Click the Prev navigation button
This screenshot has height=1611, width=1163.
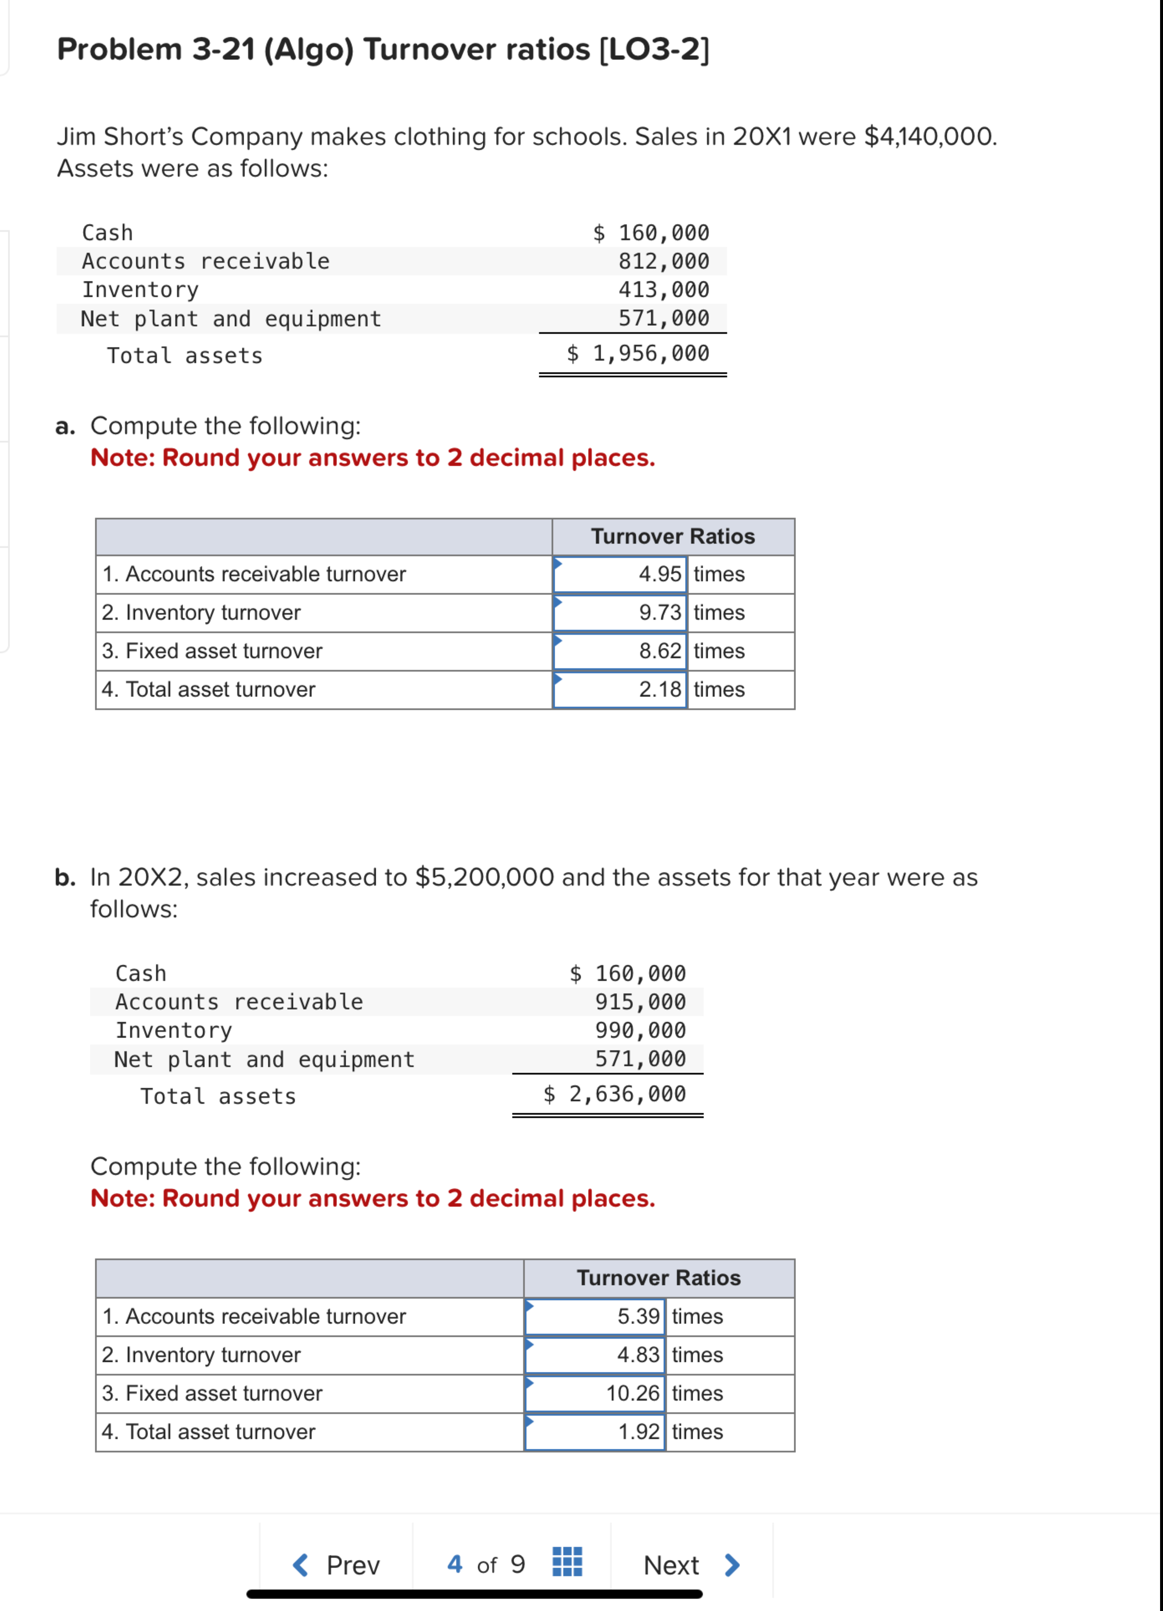point(337,1565)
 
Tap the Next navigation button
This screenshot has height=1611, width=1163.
point(691,1565)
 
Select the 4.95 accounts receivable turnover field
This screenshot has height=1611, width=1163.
point(620,574)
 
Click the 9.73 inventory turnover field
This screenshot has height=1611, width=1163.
point(620,612)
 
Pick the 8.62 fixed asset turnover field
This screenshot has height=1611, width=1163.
point(620,651)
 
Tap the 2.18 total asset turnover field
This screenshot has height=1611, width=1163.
point(620,689)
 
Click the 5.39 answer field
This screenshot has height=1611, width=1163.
point(594,1316)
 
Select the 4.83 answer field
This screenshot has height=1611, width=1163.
point(594,1355)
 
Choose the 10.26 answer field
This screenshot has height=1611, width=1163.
point(594,1393)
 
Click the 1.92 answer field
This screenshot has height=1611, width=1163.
point(594,1431)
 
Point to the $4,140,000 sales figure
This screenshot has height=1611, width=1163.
point(929,136)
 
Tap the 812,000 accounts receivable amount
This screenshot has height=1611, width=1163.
point(663,261)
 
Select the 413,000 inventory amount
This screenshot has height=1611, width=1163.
point(663,290)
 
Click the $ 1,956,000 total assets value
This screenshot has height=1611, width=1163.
point(638,354)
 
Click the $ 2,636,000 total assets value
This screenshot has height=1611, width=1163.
point(615,1094)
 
